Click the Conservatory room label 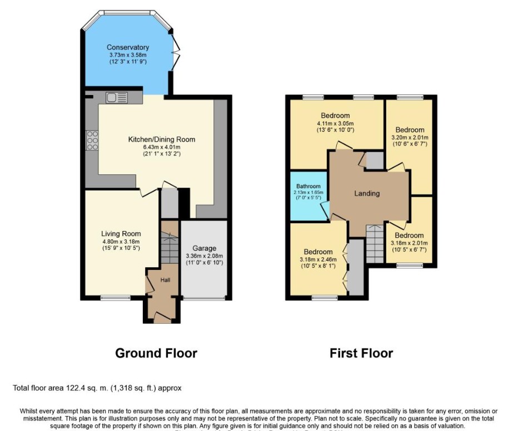pyautogui.click(x=128, y=47)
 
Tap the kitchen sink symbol pyautogui.click(x=117, y=98)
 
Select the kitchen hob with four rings pyautogui.click(x=92, y=141)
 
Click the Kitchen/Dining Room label pyautogui.click(x=162, y=139)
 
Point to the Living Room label pyautogui.click(x=121, y=234)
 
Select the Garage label pyautogui.click(x=204, y=248)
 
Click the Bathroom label pyautogui.click(x=308, y=186)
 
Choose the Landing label pyautogui.click(x=367, y=193)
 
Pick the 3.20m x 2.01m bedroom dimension pyautogui.click(x=410, y=138)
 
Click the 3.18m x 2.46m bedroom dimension pyautogui.click(x=318, y=259)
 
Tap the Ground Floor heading pyautogui.click(x=156, y=353)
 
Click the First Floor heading pyautogui.click(x=361, y=353)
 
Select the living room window pyautogui.click(x=115, y=298)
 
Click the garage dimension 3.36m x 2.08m pyautogui.click(x=204, y=256)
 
